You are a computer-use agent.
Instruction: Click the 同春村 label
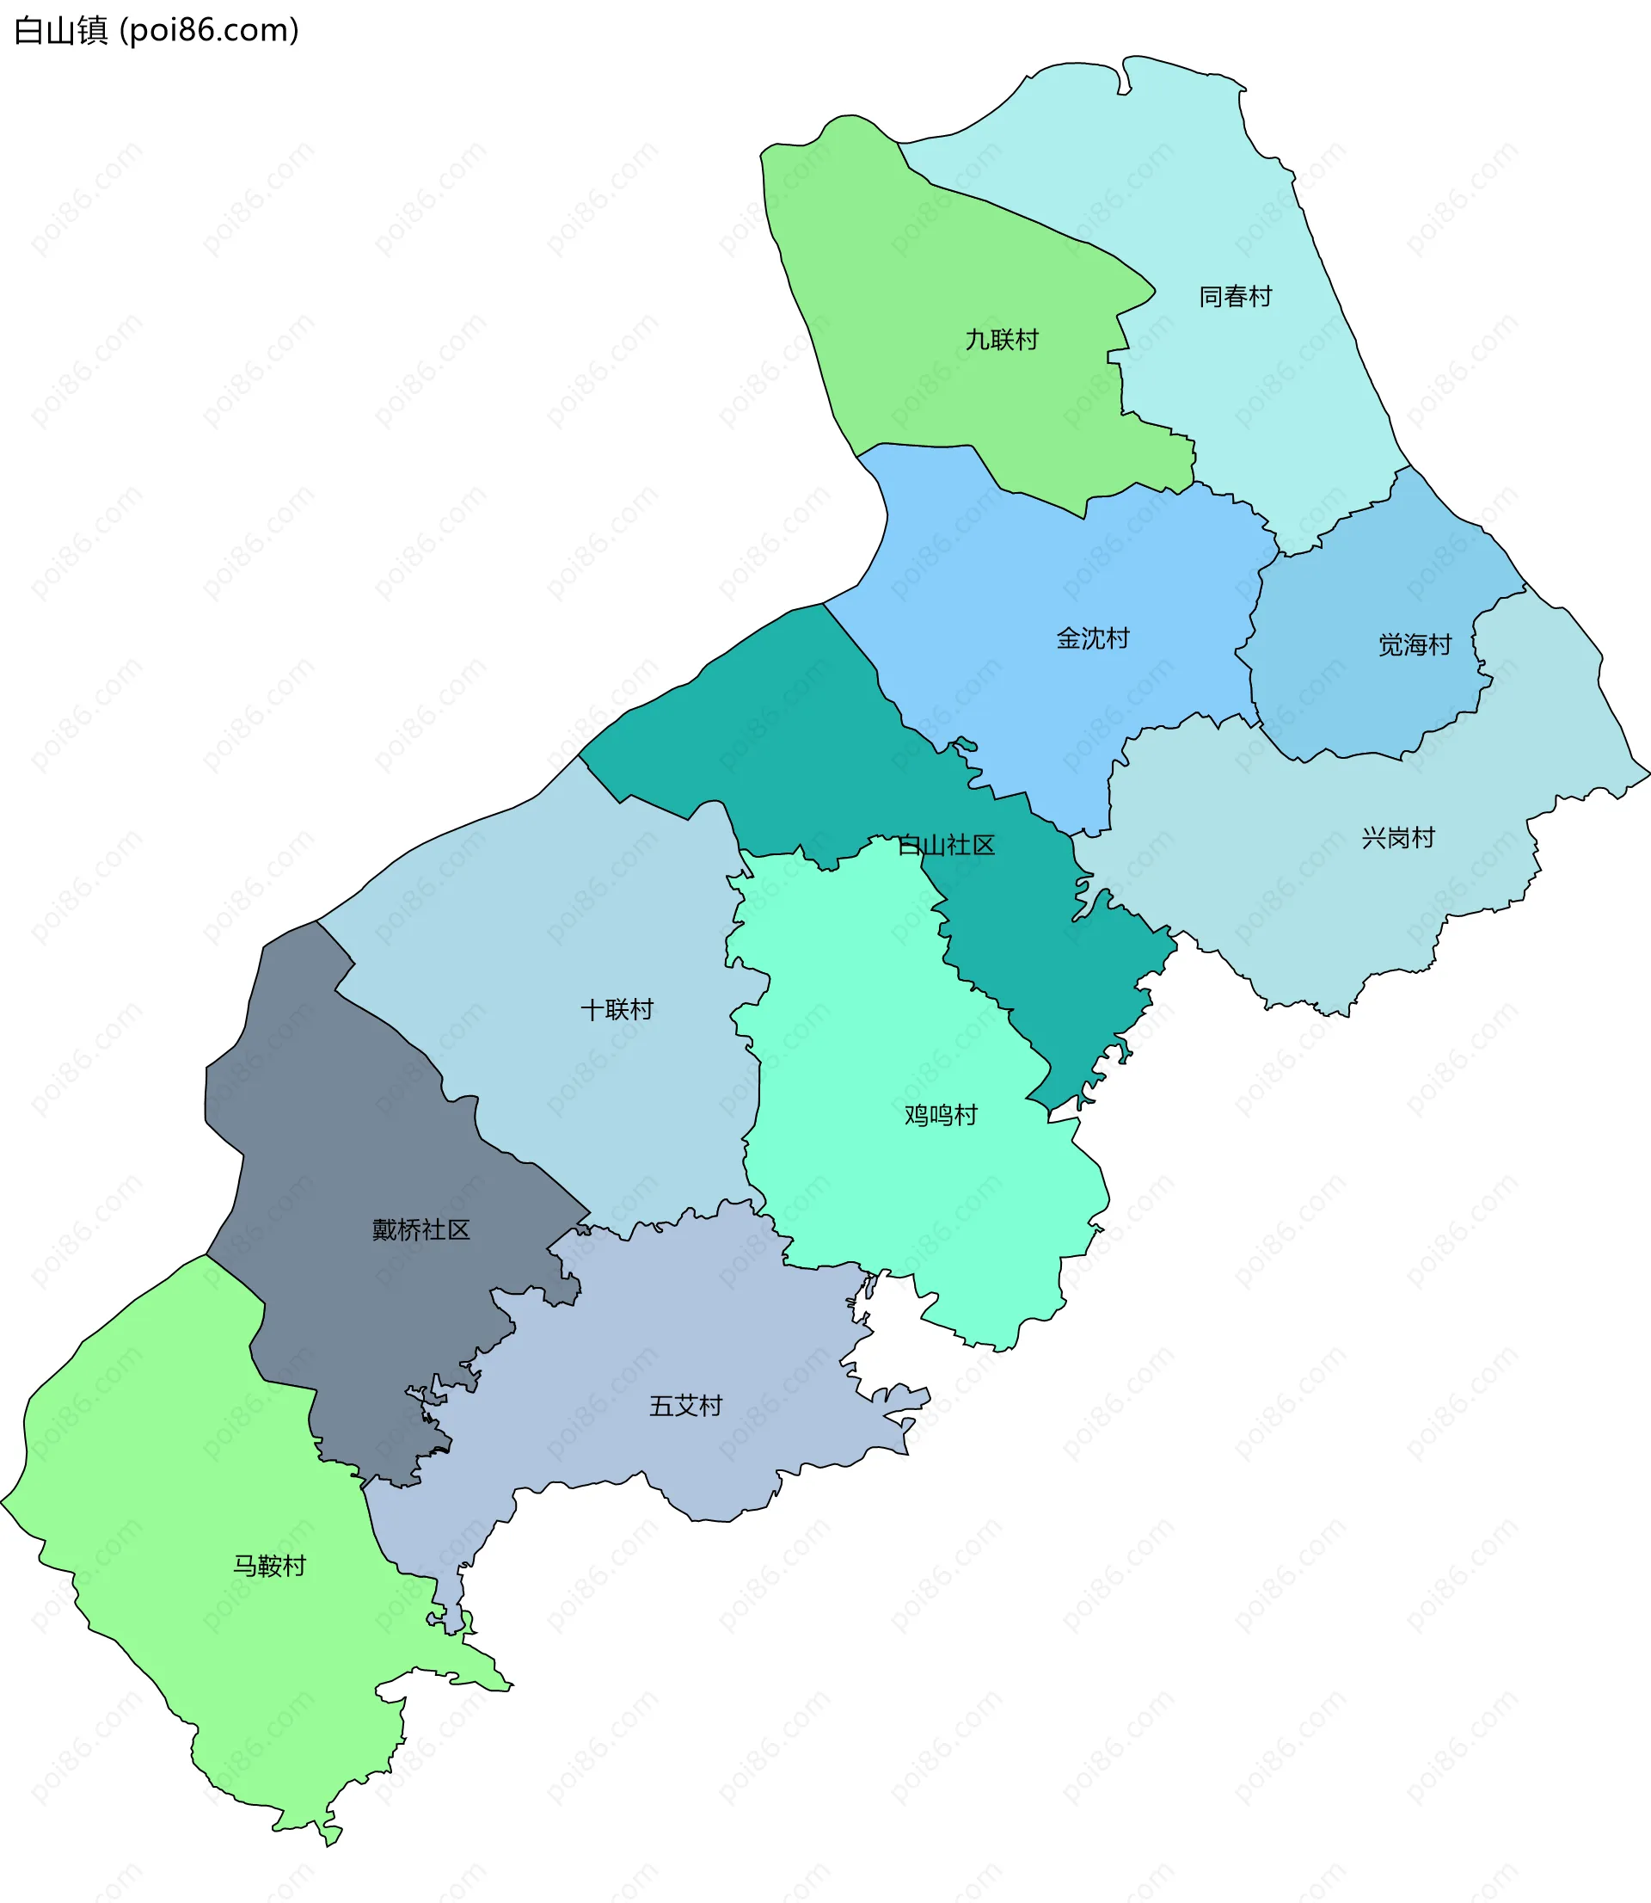click(1235, 297)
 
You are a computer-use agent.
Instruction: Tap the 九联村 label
click(1002, 340)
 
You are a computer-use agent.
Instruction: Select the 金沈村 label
click(1093, 638)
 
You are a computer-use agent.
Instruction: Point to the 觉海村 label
click(1415, 645)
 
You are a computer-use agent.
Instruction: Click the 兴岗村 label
click(1397, 838)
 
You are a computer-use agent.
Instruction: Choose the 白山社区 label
click(946, 845)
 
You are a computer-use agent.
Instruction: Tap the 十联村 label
click(617, 1010)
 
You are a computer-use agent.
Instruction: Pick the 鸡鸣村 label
click(941, 1115)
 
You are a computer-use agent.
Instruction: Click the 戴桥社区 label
click(421, 1229)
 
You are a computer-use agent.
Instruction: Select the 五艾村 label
click(685, 1406)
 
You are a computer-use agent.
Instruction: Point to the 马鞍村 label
click(269, 1566)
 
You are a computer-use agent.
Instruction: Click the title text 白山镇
click(61, 30)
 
